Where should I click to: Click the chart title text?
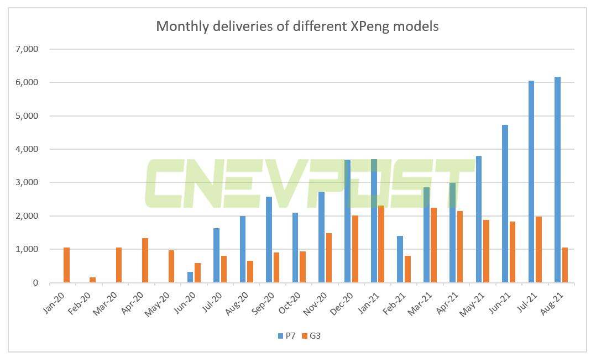pyautogui.click(x=297, y=26)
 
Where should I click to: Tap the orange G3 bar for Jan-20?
pyautogui.click(x=67, y=265)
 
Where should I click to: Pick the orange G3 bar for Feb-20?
pyautogui.click(x=93, y=280)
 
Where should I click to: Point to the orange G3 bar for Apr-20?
pyautogui.click(x=145, y=260)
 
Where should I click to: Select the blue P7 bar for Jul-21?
pyautogui.click(x=531, y=182)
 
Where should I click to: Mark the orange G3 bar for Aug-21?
pyautogui.click(x=565, y=265)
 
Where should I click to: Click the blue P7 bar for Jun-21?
pyautogui.click(x=505, y=204)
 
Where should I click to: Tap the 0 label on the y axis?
pyautogui.click(x=35, y=283)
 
